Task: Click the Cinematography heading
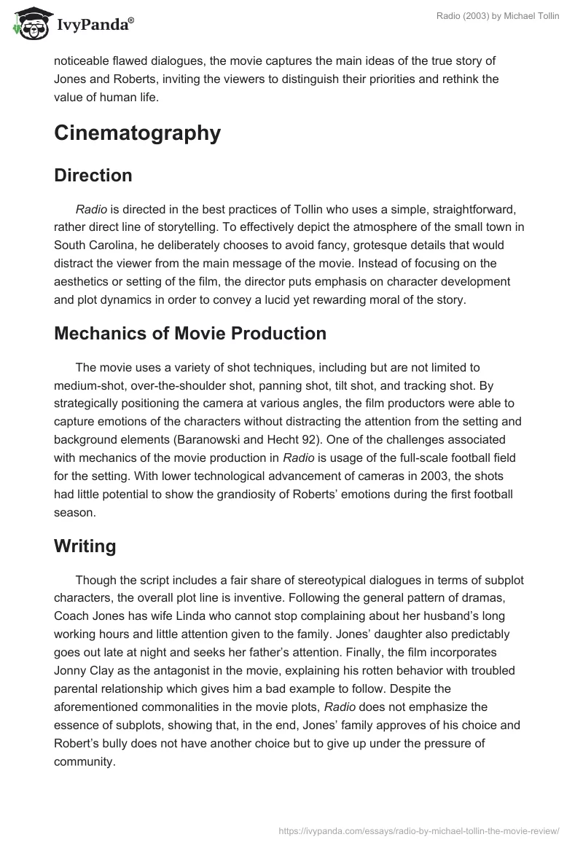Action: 137,133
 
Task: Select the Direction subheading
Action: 93,176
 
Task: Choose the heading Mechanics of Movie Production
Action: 190,334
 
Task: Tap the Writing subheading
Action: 85,546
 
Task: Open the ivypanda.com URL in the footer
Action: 419,830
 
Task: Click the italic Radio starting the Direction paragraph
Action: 91,210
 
